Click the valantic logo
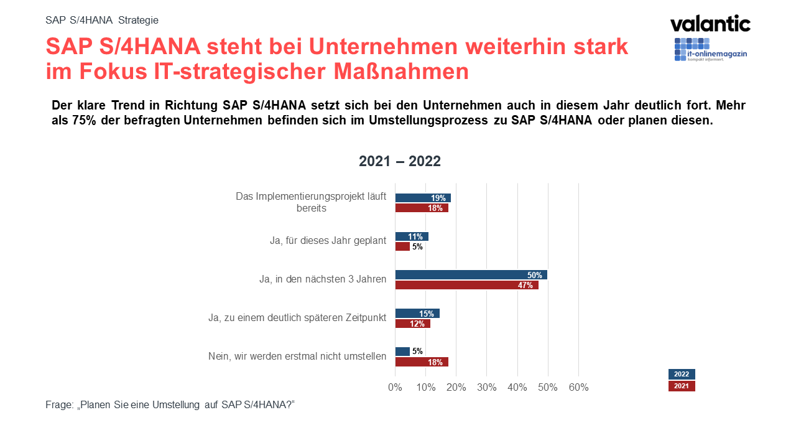(710, 24)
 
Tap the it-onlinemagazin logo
(710, 50)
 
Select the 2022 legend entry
(682, 374)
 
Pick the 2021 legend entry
(682, 386)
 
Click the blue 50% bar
(471, 275)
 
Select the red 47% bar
(466, 286)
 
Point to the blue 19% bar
(423, 198)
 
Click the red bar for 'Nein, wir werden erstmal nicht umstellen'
(422, 362)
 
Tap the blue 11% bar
(412, 236)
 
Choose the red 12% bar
(412, 324)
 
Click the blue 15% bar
(417, 314)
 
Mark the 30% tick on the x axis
(487, 388)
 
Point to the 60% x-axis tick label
(578, 388)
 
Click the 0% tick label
(395, 388)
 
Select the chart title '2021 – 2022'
(400, 162)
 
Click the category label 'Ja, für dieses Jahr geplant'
(328, 240)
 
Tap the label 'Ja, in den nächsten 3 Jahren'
(323, 279)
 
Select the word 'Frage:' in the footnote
(60, 404)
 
